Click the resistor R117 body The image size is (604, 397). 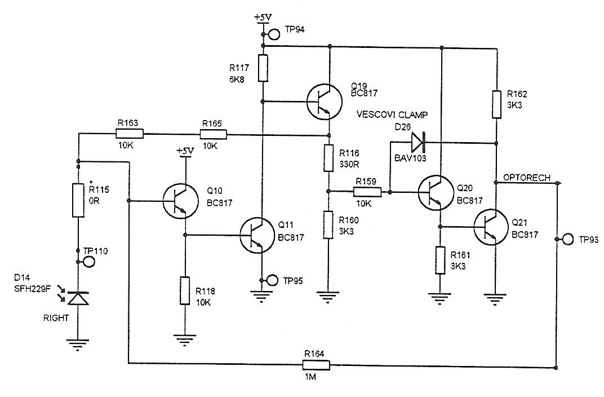(263, 68)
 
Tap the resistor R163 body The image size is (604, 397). (129, 134)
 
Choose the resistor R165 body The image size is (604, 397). (214, 134)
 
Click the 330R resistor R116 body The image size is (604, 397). (329, 158)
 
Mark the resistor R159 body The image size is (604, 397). (368, 192)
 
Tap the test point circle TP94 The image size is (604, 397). (274, 34)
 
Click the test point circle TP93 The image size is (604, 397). (567, 240)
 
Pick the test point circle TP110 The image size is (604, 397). (88, 262)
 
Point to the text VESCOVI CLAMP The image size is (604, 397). (391, 115)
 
